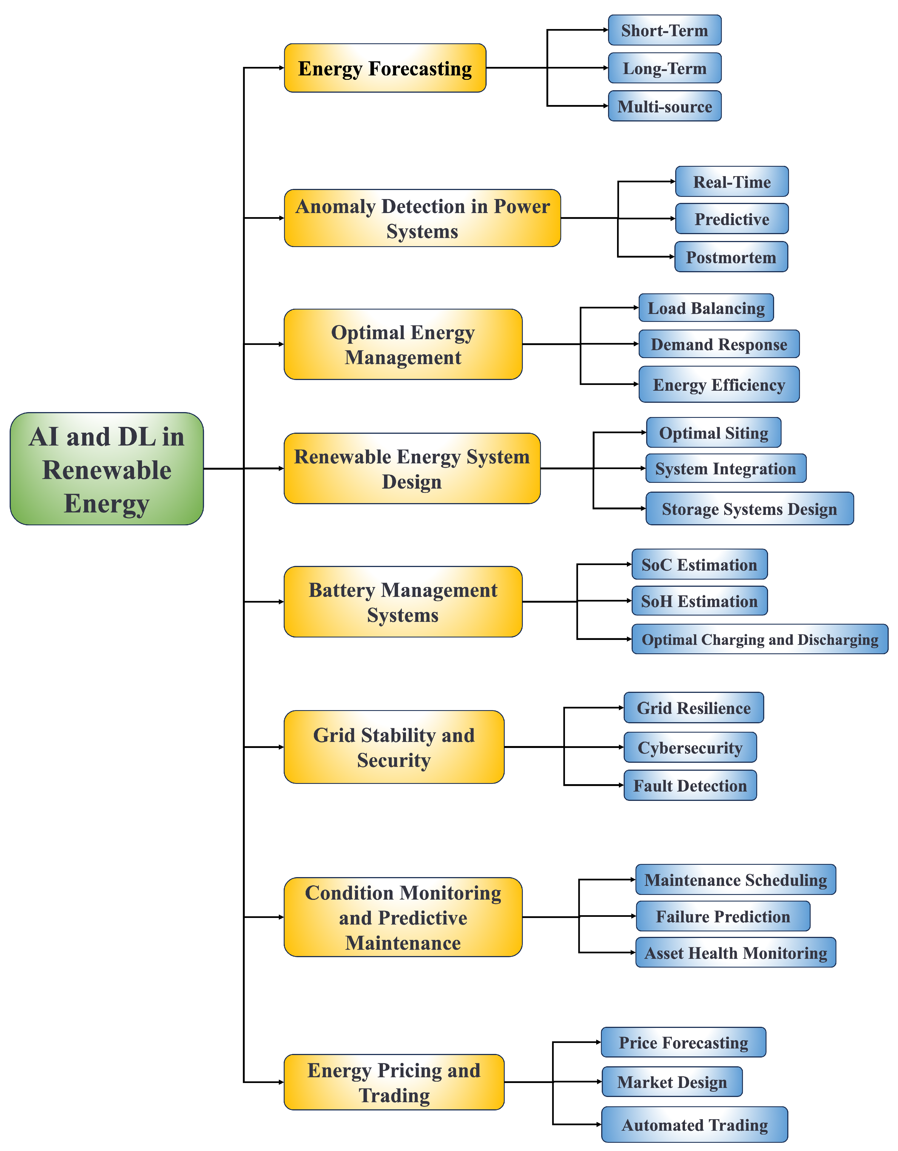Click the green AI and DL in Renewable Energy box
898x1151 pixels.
pyautogui.click(x=106, y=469)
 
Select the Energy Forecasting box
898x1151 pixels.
pyautogui.click(x=385, y=68)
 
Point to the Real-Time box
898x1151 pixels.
pyautogui.click(x=731, y=182)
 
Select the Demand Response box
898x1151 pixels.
pyautogui.click(x=719, y=344)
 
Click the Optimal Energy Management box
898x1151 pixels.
pyautogui.click(x=403, y=344)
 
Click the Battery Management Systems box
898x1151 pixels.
pyautogui.click(x=403, y=602)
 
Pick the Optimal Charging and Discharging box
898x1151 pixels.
pyautogui.click(x=759, y=639)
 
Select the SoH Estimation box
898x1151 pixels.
pyautogui.click(x=699, y=601)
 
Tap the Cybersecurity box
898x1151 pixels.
pyautogui.click(x=690, y=747)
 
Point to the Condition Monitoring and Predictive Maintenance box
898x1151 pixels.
pyautogui.click(x=403, y=917)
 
